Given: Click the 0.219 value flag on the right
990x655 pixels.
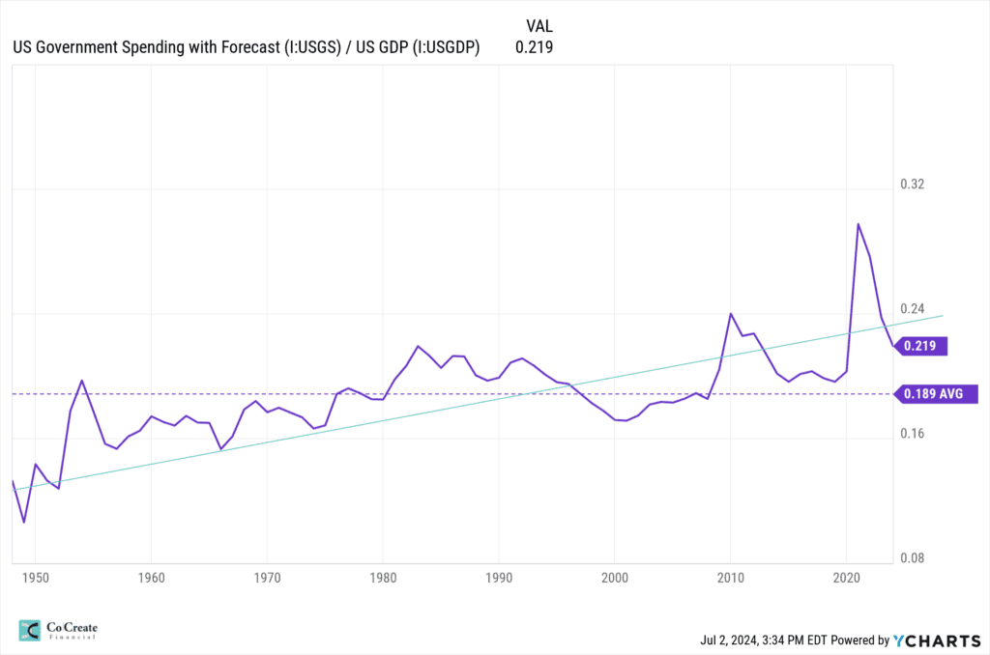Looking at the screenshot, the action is tap(921, 346).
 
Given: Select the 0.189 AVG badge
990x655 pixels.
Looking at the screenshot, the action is tap(936, 394).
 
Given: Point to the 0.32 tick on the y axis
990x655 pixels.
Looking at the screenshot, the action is tap(913, 185).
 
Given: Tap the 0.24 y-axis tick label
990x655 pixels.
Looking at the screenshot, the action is tap(913, 308).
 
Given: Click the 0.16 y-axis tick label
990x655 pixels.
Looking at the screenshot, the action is tap(913, 434).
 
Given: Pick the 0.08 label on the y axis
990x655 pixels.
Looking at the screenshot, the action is tap(913, 557).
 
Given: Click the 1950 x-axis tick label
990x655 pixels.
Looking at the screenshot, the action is tap(36, 578).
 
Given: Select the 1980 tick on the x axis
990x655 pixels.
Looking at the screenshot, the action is tap(383, 578).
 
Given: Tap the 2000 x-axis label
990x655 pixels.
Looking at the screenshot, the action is tap(614, 578).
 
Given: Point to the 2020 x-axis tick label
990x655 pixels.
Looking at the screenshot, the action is tap(846, 578).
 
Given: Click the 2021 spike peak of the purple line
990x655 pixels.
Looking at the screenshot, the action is tap(859, 224).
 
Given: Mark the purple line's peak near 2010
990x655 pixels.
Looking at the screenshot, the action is tap(731, 314).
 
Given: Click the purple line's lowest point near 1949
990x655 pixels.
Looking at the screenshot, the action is tap(24, 522).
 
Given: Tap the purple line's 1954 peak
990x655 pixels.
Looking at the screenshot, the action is tap(82, 381).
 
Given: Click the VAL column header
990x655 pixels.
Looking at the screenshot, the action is tap(539, 26).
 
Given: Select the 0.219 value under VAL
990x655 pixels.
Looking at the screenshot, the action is tap(534, 47).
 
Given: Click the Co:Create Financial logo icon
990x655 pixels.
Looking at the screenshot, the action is tap(30, 631).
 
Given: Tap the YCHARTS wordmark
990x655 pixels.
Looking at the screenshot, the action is tap(938, 641).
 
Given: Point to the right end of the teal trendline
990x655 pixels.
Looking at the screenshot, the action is tap(944, 316).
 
